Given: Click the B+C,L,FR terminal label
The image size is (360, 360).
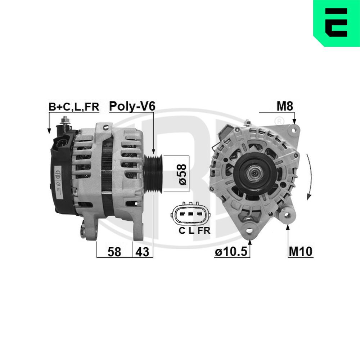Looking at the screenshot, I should pos(74,107).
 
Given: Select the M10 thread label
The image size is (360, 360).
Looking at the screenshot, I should pos(300,252).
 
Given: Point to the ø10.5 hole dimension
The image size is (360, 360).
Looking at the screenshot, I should pos(231,252).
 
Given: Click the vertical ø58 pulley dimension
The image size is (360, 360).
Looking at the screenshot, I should pos(183,174).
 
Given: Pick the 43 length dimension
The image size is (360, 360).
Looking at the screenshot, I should pos(142,252).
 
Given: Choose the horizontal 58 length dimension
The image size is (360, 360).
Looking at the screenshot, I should pos(114,252).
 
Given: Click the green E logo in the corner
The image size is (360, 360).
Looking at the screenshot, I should pos(336,23).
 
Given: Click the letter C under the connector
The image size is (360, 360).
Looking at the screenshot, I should pos(182,231).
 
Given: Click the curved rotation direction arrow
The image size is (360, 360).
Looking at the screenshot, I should pos(308,176).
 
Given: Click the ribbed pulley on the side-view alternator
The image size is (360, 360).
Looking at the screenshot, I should pos(154,174).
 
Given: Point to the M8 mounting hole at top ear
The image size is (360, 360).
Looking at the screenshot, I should pos(294,128).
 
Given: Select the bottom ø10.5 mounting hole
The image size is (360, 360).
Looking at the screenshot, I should pos(249,229).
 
